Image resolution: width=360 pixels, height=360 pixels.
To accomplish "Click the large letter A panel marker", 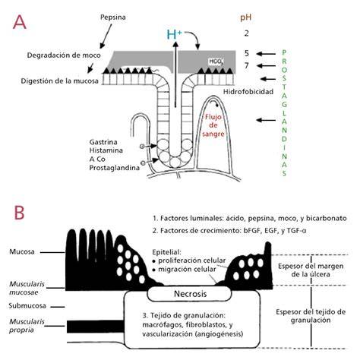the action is [x=19, y=22].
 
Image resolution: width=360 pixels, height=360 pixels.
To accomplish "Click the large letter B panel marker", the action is [x=19, y=213].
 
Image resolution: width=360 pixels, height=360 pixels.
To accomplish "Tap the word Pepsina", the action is [x=113, y=17].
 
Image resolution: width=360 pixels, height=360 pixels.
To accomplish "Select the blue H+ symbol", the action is [x=174, y=34].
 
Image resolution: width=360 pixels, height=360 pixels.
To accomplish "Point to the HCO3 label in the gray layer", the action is [x=216, y=62].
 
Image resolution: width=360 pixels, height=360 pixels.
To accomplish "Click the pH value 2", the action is [x=246, y=33].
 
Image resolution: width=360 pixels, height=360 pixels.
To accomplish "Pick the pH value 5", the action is [x=247, y=53].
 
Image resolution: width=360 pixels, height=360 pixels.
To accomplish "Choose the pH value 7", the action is [x=247, y=66].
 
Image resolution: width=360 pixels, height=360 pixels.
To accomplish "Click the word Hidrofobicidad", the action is [x=248, y=92].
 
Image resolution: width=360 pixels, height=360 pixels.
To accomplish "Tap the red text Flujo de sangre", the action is [x=213, y=125].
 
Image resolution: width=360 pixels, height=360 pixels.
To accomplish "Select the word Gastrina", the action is [x=103, y=142].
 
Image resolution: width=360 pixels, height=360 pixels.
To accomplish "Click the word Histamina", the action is [x=106, y=150].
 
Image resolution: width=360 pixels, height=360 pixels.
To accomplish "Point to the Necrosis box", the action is [x=190, y=294].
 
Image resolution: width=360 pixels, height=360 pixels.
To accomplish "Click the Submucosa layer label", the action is [x=27, y=306].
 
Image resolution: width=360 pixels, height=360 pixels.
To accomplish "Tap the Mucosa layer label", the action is [x=22, y=252].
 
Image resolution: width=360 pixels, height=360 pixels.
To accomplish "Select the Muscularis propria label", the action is [x=27, y=326].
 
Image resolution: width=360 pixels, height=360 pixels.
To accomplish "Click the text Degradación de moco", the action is [x=64, y=55].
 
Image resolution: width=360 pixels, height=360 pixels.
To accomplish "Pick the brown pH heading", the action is [x=245, y=17].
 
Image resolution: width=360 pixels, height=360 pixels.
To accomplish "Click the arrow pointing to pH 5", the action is [x=266, y=54].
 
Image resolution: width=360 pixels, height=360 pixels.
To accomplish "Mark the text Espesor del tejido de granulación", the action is [x=311, y=316].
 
